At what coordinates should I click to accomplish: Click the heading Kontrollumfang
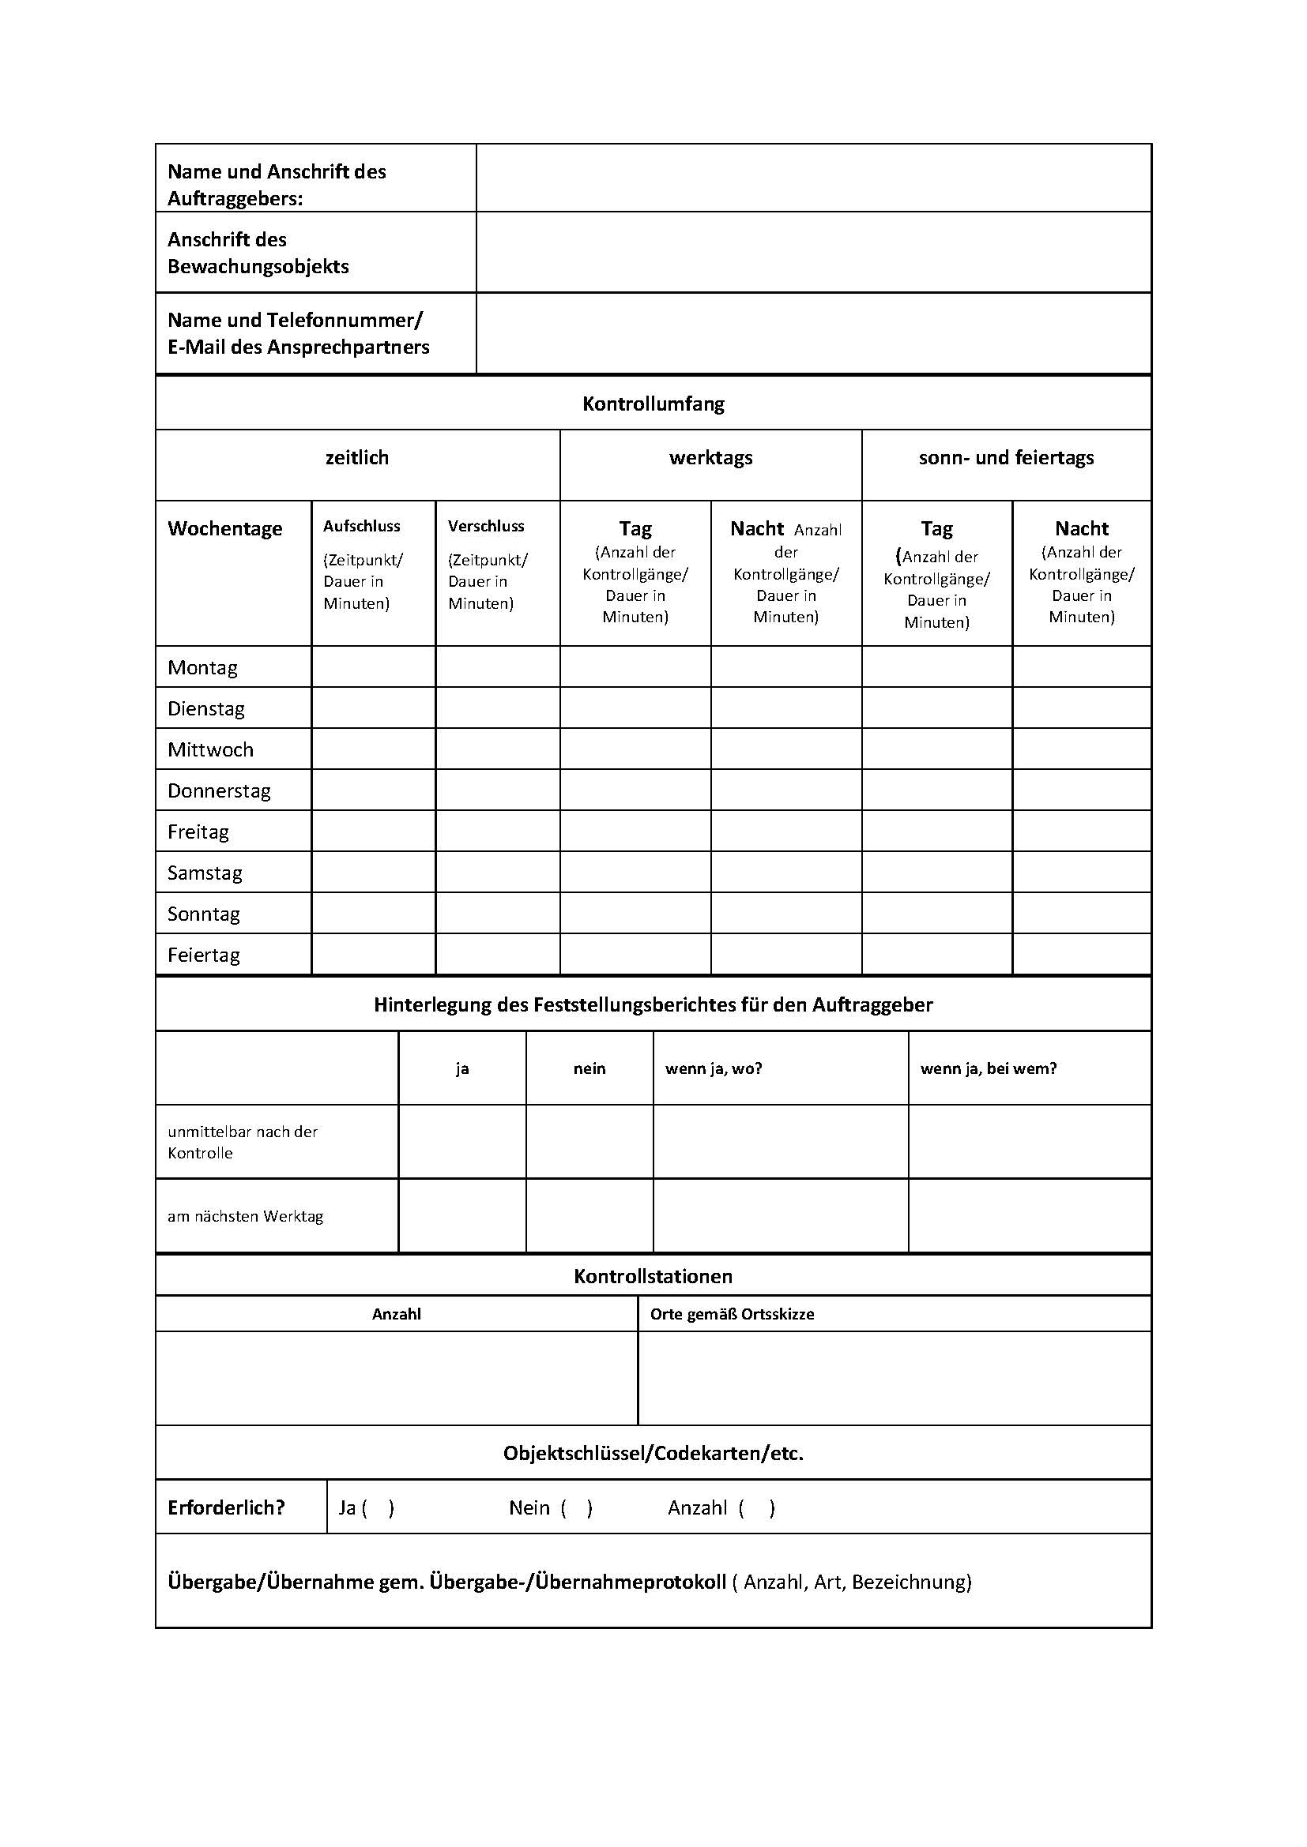(x=653, y=404)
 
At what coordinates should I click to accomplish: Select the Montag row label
(x=203, y=668)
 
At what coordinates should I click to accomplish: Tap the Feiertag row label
(x=204, y=955)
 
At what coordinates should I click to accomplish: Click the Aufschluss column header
(x=361, y=526)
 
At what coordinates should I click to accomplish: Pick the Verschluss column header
(x=486, y=526)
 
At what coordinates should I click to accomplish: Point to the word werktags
(x=710, y=458)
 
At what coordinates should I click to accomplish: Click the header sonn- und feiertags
(x=1006, y=458)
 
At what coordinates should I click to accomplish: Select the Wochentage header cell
(x=225, y=528)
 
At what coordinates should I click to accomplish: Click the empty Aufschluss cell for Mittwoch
(x=374, y=749)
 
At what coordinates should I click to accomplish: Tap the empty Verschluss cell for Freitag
(x=497, y=831)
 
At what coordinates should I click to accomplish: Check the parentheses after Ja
(x=379, y=1508)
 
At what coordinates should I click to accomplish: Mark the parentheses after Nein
(x=577, y=1508)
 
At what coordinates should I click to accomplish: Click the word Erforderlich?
(x=226, y=1508)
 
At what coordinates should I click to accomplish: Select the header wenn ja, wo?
(x=713, y=1069)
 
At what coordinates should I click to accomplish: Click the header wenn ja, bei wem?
(x=989, y=1069)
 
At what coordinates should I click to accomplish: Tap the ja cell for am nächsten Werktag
(x=462, y=1216)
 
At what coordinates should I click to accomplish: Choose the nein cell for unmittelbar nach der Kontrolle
(x=589, y=1142)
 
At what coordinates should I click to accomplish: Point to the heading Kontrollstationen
(x=653, y=1277)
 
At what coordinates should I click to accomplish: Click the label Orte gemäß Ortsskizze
(x=732, y=1315)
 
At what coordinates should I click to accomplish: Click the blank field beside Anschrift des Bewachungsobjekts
(x=813, y=253)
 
